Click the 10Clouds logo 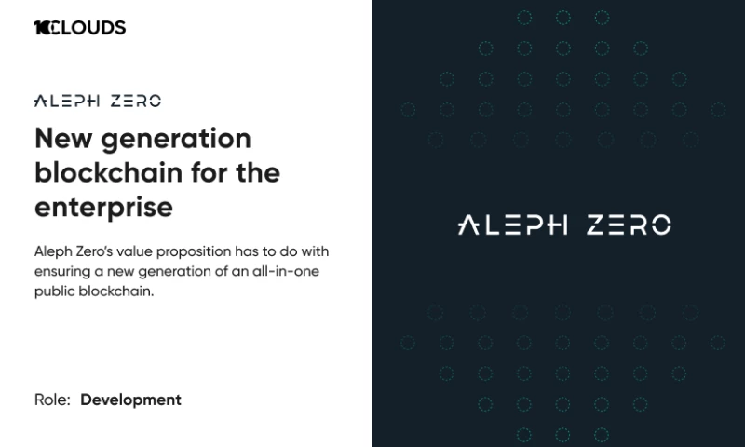[x=79, y=28]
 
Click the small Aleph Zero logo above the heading [x=97, y=102]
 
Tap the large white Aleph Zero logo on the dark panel [x=564, y=224]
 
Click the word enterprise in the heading [x=103, y=207]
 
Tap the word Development [x=130, y=400]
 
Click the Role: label [x=52, y=400]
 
